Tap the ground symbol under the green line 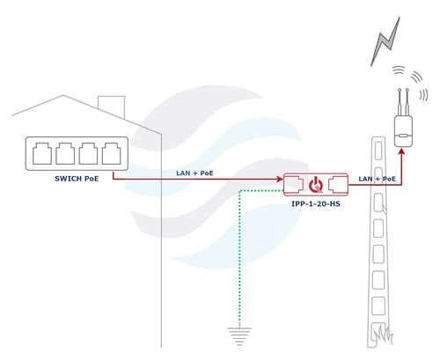pyautogui.click(x=239, y=336)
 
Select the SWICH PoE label pyautogui.click(x=77, y=179)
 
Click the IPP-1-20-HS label pyautogui.click(x=316, y=203)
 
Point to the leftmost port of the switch pyautogui.click(x=42, y=153)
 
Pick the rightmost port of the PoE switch pyautogui.click(x=111, y=153)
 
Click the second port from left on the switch pyautogui.click(x=65, y=153)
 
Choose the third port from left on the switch pyautogui.click(x=88, y=153)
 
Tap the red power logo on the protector pyautogui.click(x=316, y=185)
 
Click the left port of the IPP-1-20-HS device pyautogui.click(x=294, y=184)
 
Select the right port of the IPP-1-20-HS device pyautogui.click(x=338, y=184)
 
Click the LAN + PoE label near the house pyautogui.click(x=194, y=173)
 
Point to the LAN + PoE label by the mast pyautogui.click(x=377, y=179)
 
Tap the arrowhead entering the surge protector pyautogui.click(x=280, y=179)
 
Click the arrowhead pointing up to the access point pyautogui.click(x=402, y=151)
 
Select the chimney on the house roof pyautogui.click(x=111, y=107)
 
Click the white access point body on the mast pyautogui.click(x=403, y=131)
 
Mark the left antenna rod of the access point pyautogui.click(x=400, y=102)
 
